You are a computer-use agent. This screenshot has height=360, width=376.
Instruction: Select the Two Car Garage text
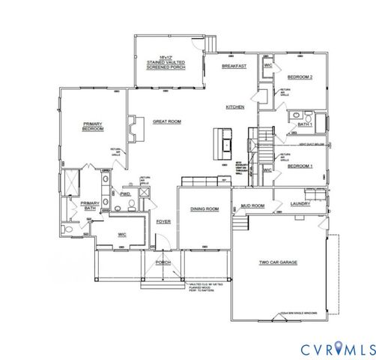(x=275, y=263)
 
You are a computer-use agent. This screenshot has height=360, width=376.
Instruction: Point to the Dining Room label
(x=204, y=208)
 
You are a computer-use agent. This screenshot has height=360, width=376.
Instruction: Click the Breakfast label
(x=234, y=67)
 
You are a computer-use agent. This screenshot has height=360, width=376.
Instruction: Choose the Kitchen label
(x=236, y=107)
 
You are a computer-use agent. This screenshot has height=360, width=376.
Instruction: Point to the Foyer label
(x=163, y=222)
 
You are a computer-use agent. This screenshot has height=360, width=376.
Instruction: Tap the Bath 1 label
(x=304, y=124)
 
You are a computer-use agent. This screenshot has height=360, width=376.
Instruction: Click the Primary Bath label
(x=90, y=206)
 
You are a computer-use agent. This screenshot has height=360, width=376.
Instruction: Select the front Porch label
(x=163, y=262)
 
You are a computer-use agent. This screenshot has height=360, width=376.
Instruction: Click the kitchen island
(x=223, y=139)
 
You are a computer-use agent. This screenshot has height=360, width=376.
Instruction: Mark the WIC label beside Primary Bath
(x=123, y=235)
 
